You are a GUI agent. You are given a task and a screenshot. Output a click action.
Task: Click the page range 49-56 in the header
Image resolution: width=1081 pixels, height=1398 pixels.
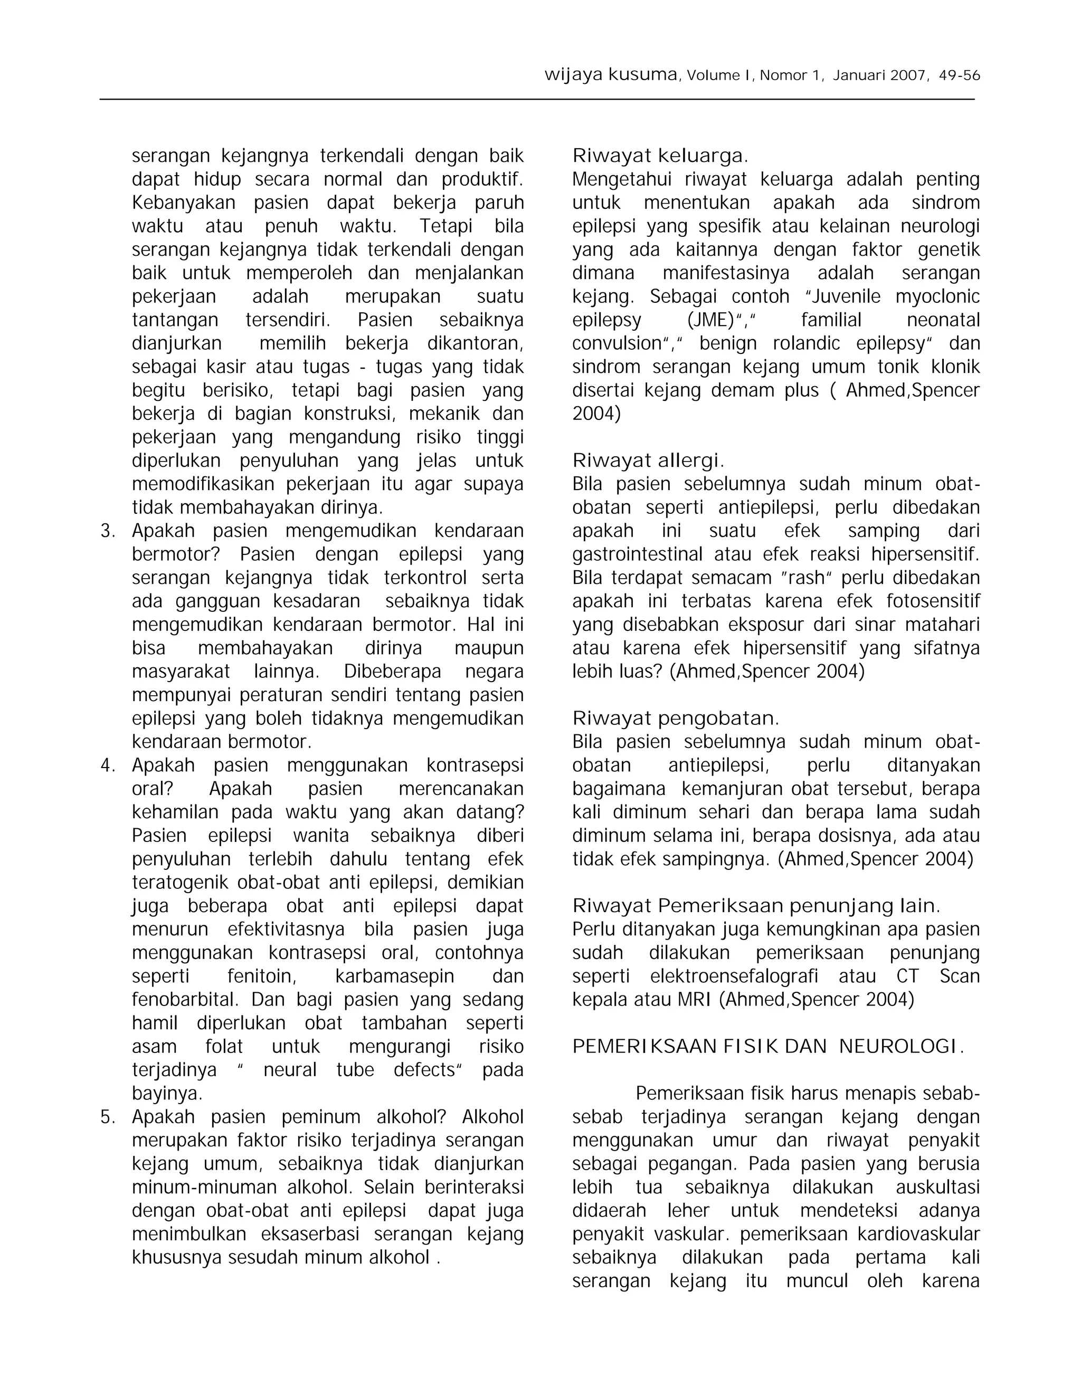[x=959, y=75]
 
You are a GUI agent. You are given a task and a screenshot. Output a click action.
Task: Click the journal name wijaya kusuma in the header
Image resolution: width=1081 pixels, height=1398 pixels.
[x=610, y=75]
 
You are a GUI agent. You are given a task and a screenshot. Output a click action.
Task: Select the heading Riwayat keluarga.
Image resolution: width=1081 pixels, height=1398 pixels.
[x=660, y=156]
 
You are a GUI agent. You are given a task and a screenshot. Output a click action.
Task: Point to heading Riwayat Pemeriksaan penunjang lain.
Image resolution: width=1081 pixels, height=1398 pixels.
[x=756, y=906]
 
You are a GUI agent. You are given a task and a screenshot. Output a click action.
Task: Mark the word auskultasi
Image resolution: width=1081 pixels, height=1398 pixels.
[x=937, y=1188]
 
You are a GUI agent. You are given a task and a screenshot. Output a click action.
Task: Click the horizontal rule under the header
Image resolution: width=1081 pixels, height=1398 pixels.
[x=537, y=100]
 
